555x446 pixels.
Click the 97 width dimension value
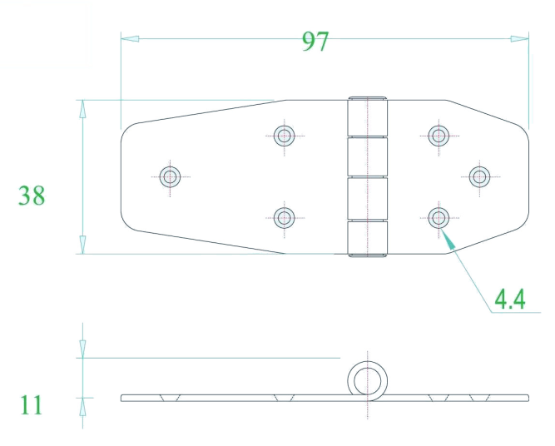coord(315,42)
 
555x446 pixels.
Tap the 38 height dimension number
coord(32,195)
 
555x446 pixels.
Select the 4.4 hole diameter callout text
coord(510,300)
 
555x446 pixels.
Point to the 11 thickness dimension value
coord(31,405)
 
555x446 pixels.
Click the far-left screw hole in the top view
coord(170,176)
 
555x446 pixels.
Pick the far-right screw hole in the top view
coord(479,176)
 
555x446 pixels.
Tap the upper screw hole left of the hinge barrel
coord(285,136)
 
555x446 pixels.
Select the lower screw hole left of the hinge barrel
coord(285,218)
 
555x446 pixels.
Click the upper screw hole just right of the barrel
coord(439,136)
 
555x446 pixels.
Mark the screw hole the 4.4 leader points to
coord(439,218)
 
